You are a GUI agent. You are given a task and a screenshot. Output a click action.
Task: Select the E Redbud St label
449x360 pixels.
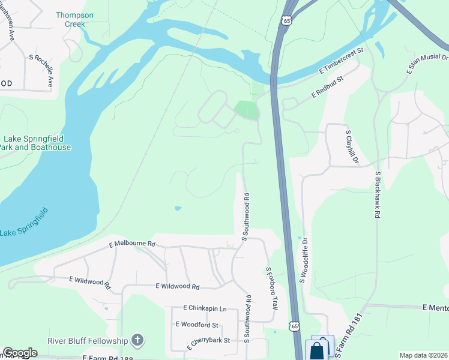coord(327,87)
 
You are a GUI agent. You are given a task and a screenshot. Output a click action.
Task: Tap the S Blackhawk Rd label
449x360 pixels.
coord(378,194)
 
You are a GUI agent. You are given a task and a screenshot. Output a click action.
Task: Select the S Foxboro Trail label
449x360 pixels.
coord(271,287)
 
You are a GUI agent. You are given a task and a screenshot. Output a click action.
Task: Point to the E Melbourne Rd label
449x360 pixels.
coord(132,244)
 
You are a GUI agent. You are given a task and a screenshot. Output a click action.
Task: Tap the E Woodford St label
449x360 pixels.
coord(197,325)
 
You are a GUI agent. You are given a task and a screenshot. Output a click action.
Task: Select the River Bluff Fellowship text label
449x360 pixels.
coord(88,341)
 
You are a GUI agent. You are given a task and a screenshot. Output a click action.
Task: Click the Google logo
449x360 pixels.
coord(19,353)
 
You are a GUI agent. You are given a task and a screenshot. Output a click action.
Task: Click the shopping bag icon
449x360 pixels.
coord(317,350)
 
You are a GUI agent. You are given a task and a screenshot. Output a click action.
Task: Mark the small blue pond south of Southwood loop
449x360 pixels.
coord(177,208)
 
